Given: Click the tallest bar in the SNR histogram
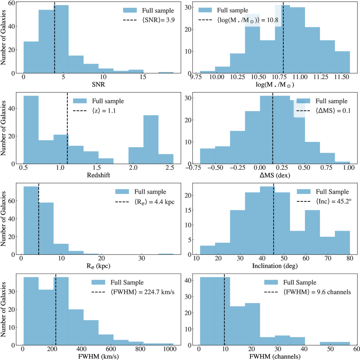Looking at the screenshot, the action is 61,39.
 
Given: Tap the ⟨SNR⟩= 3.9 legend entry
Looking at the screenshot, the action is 158,20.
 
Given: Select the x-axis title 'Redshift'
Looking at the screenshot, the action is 98,175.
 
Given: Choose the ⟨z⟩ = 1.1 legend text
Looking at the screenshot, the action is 104,111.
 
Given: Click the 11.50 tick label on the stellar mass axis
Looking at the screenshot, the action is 341,77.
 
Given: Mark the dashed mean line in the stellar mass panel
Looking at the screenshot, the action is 283,38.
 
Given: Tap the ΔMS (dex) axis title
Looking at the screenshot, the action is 275,175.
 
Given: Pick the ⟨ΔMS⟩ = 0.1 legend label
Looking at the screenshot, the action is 333,111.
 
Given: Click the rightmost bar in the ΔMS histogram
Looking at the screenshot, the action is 342,163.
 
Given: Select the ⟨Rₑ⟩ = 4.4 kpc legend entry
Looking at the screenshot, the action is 155,202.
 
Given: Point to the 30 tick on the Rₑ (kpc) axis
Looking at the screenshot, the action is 141,258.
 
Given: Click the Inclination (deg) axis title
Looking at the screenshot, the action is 275,266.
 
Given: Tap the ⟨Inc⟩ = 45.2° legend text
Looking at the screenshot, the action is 333,201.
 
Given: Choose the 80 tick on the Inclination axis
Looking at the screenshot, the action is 350,258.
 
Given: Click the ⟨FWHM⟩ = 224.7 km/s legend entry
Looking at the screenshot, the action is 143,292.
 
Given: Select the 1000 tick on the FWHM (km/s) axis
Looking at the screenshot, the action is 170,349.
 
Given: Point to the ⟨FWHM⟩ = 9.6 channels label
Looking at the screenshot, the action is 317,292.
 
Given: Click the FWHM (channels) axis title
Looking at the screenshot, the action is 275,357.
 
